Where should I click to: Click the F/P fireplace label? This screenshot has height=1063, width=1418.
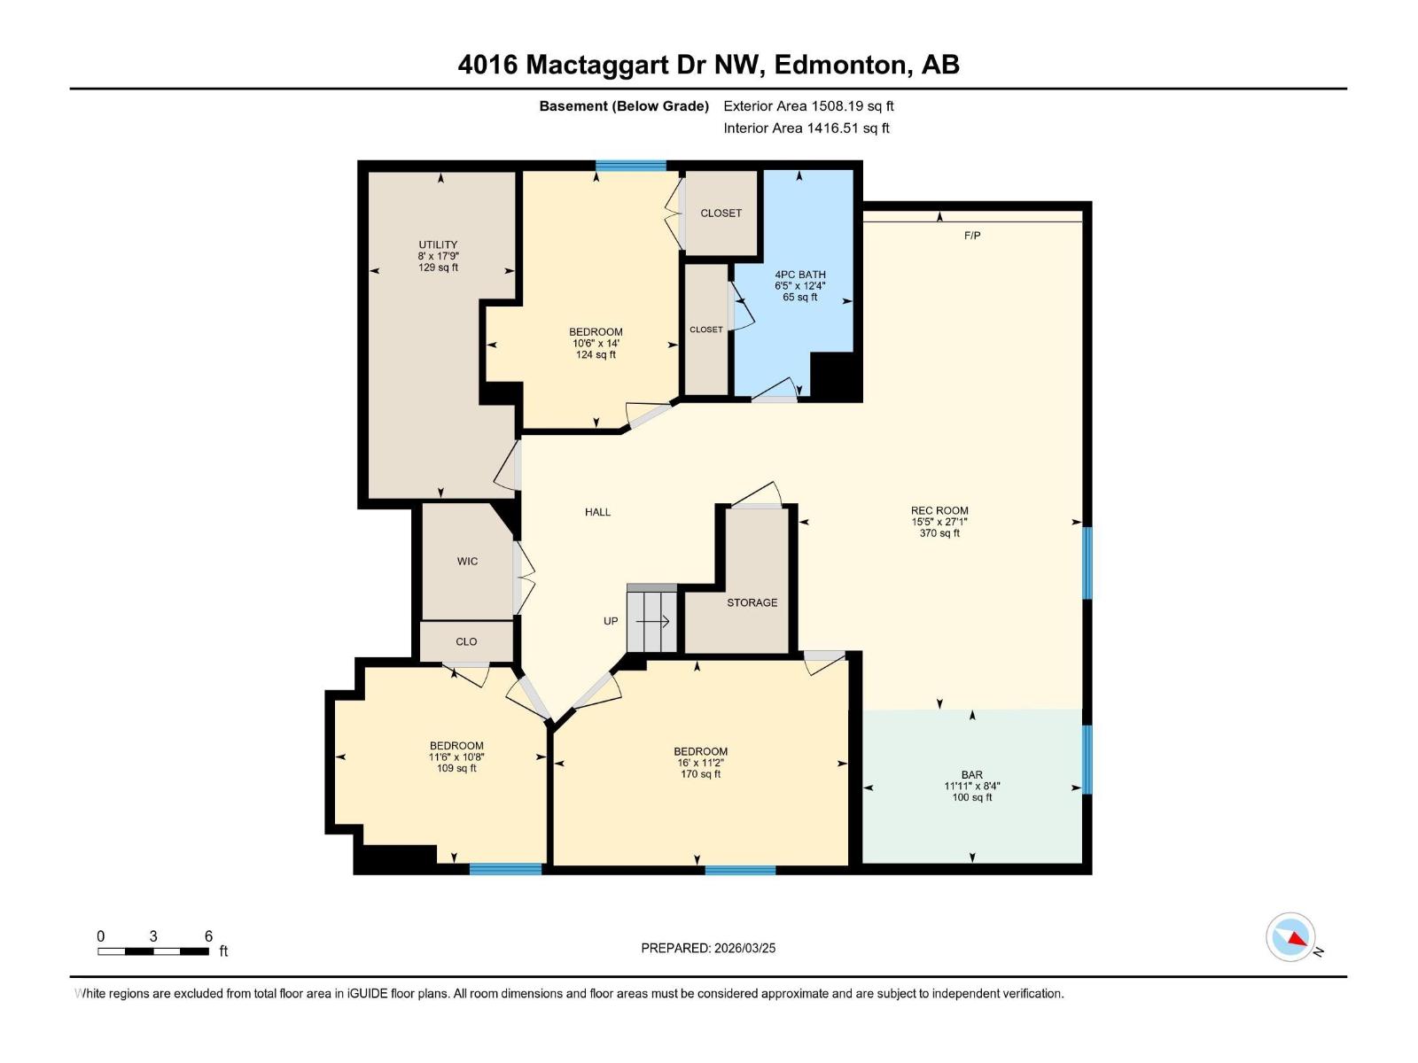[972, 236]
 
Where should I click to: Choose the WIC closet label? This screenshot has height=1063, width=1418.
[467, 562]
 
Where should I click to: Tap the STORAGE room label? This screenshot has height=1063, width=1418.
[752, 602]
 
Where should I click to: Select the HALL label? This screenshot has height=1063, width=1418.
[597, 512]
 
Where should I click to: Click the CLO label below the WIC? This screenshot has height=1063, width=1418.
[466, 642]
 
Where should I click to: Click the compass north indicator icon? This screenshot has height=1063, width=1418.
[1290, 937]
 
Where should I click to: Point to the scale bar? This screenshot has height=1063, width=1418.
[153, 951]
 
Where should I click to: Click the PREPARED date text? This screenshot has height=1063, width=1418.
[708, 948]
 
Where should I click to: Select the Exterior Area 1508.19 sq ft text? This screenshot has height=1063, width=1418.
[808, 106]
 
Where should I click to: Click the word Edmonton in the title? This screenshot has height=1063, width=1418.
[843, 65]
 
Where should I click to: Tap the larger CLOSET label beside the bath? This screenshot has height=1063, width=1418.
[721, 213]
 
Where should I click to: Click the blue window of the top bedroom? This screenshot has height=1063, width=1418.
[630, 166]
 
